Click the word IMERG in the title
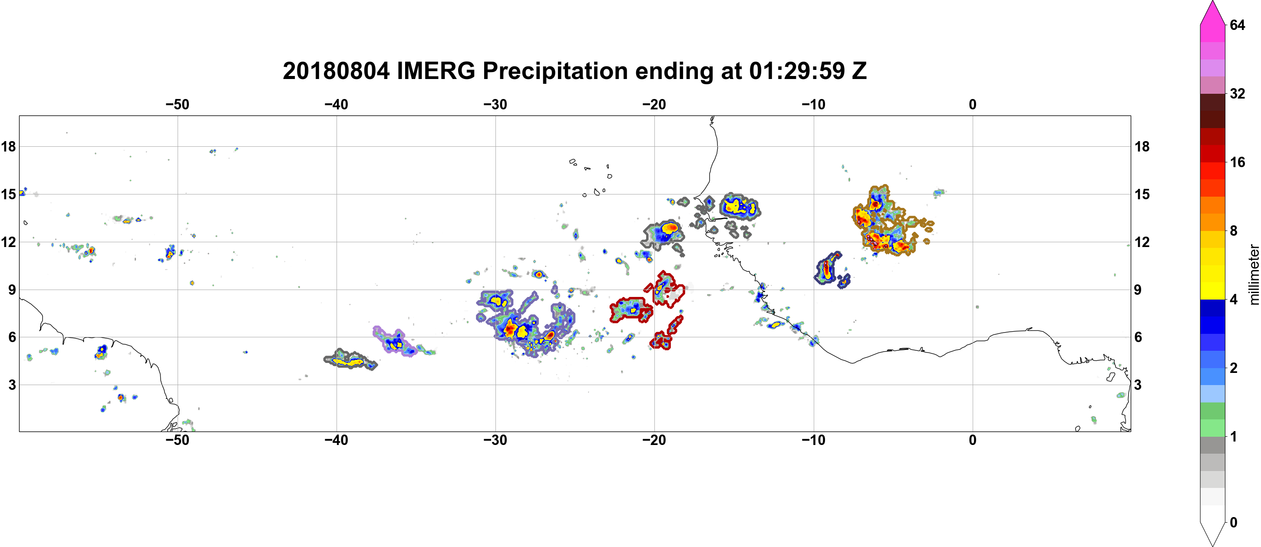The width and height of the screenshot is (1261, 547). (436, 71)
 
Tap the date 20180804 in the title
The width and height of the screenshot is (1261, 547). (336, 71)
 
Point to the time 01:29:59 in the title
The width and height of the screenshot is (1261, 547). (797, 71)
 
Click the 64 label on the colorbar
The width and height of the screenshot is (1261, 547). (1237, 25)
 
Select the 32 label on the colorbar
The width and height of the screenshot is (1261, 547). (1237, 93)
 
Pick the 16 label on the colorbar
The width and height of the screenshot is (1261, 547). (1237, 162)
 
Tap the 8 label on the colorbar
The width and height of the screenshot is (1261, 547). (1234, 231)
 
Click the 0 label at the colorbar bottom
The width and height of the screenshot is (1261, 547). (1234, 522)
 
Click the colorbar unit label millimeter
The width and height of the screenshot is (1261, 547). (1253, 274)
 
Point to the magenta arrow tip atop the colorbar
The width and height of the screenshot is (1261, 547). (1212, 1)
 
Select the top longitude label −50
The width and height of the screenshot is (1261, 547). (177, 104)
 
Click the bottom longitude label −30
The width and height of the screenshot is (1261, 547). (495, 440)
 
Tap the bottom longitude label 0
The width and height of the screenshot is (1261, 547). (973, 440)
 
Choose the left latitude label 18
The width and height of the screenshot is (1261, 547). (8, 146)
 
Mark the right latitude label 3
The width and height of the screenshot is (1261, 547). (1138, 385)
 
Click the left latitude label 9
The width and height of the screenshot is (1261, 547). (12, 290)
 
